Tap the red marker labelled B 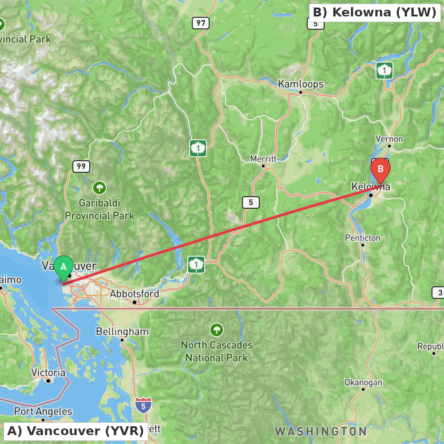tap(380, 170)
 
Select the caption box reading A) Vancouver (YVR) tap(75, 431)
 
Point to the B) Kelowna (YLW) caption tap(375, 12)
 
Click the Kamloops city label tap(301, 84)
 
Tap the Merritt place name tap(263, 159)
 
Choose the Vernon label tap(389, 139)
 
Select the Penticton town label tap(362, 238)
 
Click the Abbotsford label tap(134, 294)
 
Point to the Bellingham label tap(122, 332)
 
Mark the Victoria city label tap(48, 373)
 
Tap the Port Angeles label tap(43, 412)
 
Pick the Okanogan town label tap(363, 382)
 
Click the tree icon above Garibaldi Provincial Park tap(99, 188)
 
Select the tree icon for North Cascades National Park tap(217, 330)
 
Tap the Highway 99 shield tap(81, 166)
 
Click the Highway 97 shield tap(201, 23)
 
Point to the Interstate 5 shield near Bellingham tap(143, 405)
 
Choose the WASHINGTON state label tap(321, 431)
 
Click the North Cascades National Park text tap(217, 351)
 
